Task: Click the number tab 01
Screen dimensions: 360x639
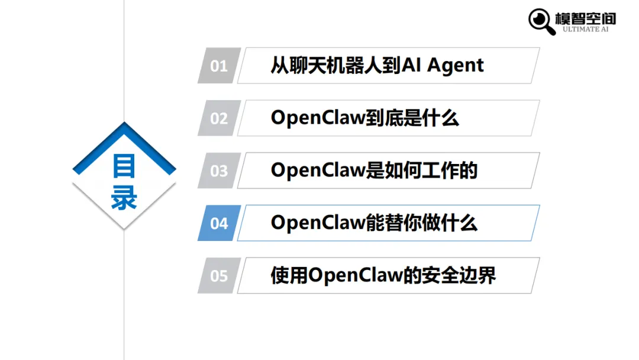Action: (219, 66)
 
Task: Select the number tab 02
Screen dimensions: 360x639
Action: (219, 118)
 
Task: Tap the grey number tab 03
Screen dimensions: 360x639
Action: (219, 171)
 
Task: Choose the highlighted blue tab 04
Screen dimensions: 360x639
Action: (219, 223)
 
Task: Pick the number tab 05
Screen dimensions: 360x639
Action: (219, 276)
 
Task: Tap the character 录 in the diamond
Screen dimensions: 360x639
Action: (124, 199)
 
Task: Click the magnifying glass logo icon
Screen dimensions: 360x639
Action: (541, 21)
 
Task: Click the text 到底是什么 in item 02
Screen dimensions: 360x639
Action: (412, 118)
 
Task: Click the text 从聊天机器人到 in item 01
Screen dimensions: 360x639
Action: (335, 66)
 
